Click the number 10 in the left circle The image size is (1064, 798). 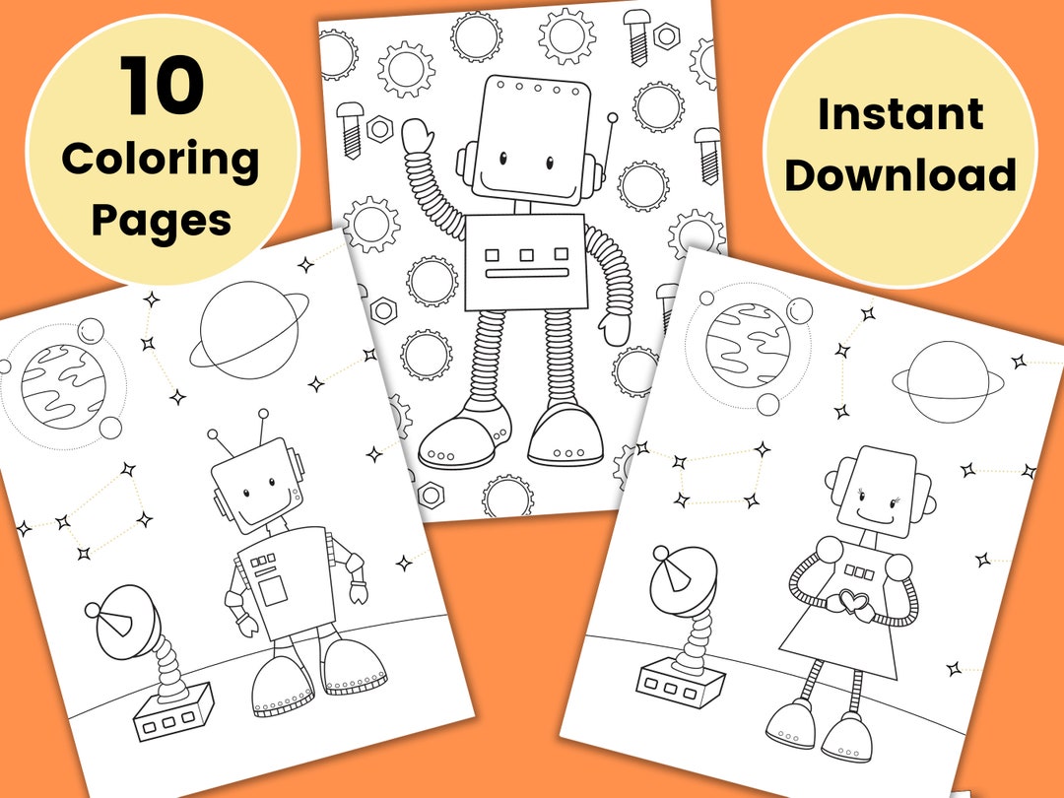point(163,87)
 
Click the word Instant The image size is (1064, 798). point(899,114)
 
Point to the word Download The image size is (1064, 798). point(899,175)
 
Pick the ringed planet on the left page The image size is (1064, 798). point(249,331)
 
